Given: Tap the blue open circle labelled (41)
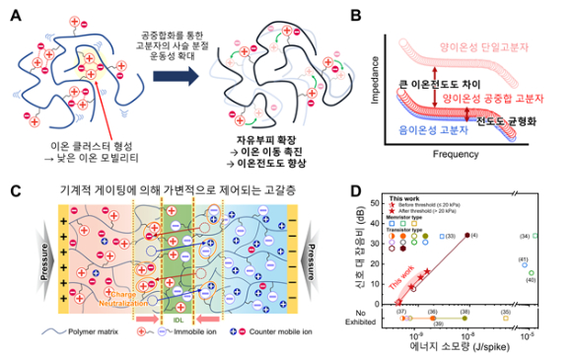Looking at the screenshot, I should [526, 264].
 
